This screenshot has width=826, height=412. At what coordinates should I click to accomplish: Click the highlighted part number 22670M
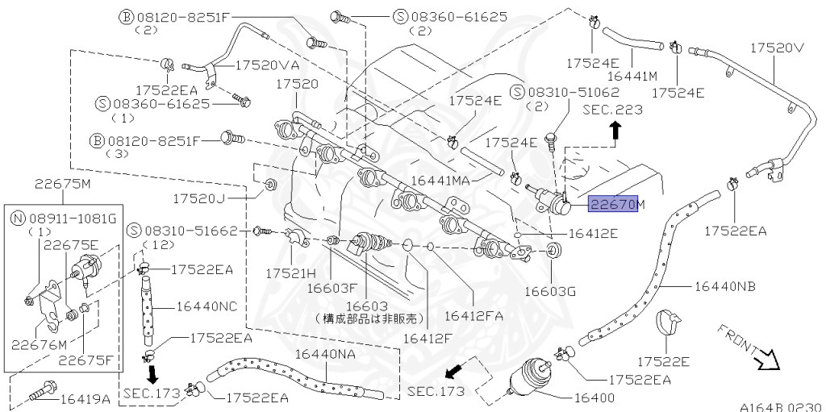(x=617, y=204)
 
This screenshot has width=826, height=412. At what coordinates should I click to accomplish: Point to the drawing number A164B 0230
(x=779, y=406)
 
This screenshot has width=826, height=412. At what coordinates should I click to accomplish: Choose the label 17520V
(x=777, y=48)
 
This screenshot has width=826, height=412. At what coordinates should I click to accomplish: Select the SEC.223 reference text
(x=613, y=110)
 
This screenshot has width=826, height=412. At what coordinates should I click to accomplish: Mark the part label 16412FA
(x=473, y=315)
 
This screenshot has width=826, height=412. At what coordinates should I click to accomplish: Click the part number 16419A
(x=85, y=397)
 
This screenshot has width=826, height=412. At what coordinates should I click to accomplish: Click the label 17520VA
(x=265, y=65)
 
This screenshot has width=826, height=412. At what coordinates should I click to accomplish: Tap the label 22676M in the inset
(x=39, y=344)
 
